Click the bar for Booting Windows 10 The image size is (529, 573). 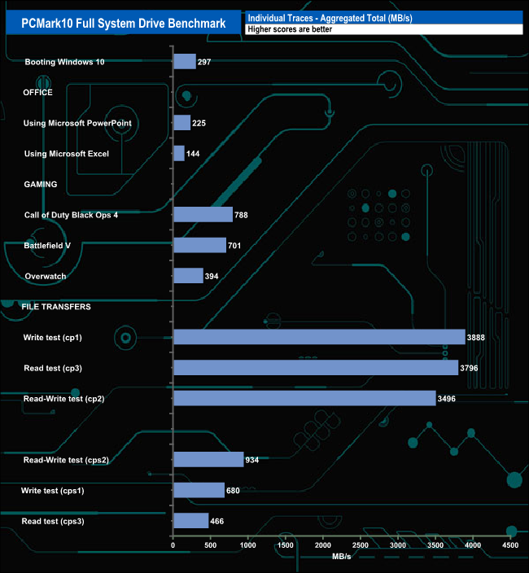[185, 62]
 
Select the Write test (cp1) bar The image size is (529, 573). [319, 337]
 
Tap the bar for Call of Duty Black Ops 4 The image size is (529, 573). [203, 215]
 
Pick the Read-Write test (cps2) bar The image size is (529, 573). [208, 460]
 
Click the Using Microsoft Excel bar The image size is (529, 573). [179, 154]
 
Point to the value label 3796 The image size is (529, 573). [472, 368]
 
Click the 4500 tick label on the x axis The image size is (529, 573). [510, 545]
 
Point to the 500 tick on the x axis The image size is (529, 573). [211, 545]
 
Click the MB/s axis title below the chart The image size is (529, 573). [342, 557]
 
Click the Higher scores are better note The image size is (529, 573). [291, 29]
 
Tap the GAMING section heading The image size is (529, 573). [40, 185]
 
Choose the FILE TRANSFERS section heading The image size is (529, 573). [56, 307]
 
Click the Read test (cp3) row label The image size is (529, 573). [53, 368]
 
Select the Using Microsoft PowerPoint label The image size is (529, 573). [78, 123]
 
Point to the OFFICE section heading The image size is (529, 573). [38, 93]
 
